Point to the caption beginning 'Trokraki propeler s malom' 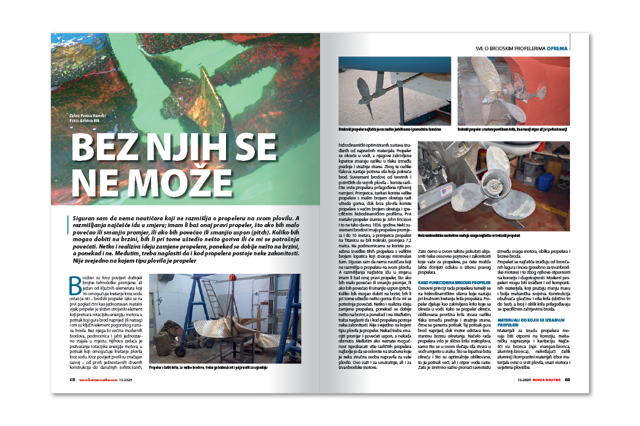pos(513,131)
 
